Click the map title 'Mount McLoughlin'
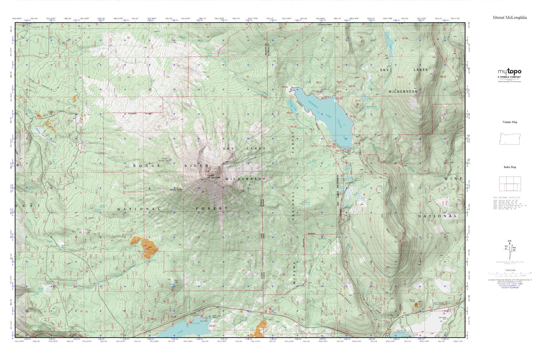pyautogui.click(x=510, y=17)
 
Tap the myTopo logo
pyautogui.click(x=509, y=72)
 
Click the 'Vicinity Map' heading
pyautogui.click(x=510, y=122)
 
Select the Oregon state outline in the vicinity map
pyautogui.click(x=510, y=139)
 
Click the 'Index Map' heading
pyautogui.click(x=510, y=167)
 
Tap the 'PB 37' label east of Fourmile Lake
pyautogui.click(x=357, y=101)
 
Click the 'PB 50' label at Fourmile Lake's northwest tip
pyautogui.click(x=285, y=87)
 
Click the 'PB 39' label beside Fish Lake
pyautogui.click(x=212, y=326)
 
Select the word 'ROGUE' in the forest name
pyautogui.click(x=147, y=166)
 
